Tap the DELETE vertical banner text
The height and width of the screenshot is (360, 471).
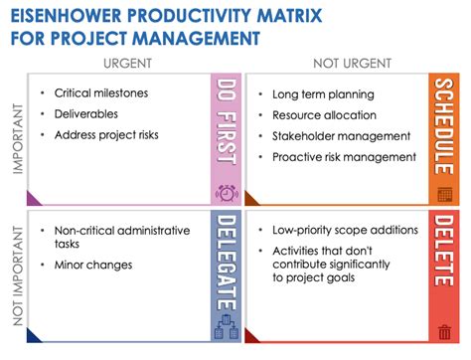[446, 250]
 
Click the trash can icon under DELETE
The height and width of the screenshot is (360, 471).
[446, 327]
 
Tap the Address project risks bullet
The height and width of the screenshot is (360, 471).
[113, 134]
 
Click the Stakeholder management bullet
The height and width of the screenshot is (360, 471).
[340, 136]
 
